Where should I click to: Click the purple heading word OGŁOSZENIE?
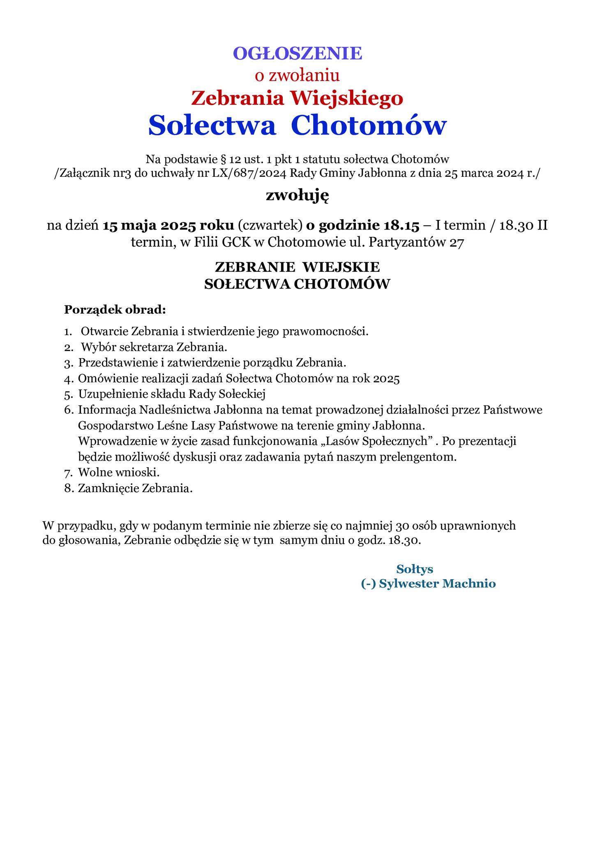point(297,53)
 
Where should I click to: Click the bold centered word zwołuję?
point(297,196)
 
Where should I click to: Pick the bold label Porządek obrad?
point(115,309)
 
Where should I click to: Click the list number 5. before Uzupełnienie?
point(68,395)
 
